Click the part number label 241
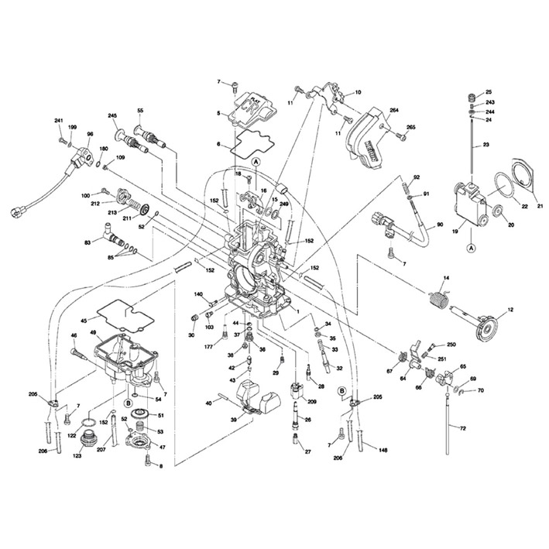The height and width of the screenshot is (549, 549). [58, 121]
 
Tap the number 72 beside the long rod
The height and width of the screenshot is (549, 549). [462, 428]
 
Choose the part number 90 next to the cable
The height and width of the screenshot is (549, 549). [440, 225]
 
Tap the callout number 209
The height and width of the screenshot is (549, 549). [312, 403]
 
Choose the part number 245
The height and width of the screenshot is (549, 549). [112, 116]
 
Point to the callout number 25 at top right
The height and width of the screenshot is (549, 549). [489, 92]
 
